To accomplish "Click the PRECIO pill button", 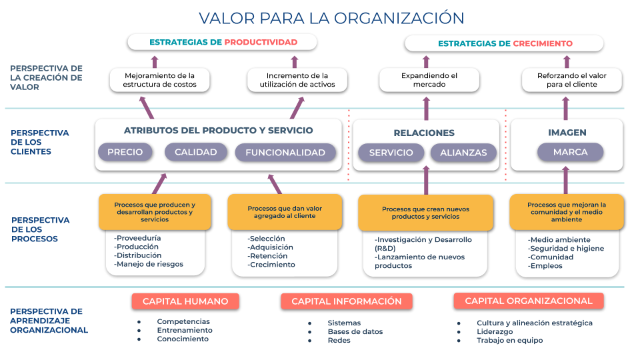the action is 125,152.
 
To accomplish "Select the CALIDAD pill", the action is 196,152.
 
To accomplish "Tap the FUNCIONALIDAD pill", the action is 285,152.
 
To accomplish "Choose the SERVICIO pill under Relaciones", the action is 391,153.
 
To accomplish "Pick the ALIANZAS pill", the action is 464,153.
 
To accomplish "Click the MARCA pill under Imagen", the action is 570,152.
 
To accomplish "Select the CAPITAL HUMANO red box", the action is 185,301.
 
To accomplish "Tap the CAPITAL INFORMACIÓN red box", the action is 347,301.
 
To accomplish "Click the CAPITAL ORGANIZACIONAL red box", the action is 529,301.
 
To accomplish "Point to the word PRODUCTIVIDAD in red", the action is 261,42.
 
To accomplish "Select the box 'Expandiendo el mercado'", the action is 429,80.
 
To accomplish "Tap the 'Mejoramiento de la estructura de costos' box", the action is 159,80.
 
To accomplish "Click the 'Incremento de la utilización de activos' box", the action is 297,80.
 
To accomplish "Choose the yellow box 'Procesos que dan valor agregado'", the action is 285,212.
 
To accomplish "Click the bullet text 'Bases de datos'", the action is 355,331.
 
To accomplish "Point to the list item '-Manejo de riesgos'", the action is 149,264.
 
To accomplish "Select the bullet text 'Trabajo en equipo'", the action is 510,340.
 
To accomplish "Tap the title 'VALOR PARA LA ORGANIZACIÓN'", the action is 331,18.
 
